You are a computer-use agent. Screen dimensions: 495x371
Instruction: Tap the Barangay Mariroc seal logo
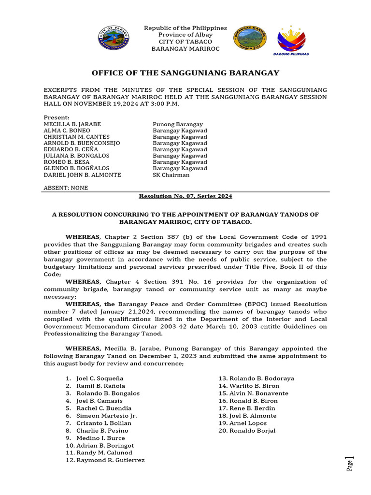coord(250,38)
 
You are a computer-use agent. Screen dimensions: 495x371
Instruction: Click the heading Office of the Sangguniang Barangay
coord(185,73)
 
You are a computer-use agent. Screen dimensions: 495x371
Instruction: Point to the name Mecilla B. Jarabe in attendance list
coord(72,124)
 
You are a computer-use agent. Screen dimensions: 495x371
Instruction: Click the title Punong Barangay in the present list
coord(178,124)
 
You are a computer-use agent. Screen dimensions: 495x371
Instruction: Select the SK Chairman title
coord(171,175)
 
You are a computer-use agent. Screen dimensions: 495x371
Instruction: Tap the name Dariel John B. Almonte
coord(82,175)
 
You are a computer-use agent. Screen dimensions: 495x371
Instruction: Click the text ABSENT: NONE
coord(66,188)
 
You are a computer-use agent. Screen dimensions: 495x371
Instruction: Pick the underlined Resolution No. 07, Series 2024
coord(185,196)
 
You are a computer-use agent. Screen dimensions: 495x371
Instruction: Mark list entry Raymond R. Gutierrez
coord(110,460)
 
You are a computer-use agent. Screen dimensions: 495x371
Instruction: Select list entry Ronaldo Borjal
coord(252,431)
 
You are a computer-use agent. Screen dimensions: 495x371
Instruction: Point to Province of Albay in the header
coord(185,35)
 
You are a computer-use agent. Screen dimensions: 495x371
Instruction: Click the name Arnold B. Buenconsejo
coord(82,143)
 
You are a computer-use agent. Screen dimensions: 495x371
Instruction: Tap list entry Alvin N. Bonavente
coord(258,393)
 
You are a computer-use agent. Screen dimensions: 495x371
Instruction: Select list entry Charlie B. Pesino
coord(102,431)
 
